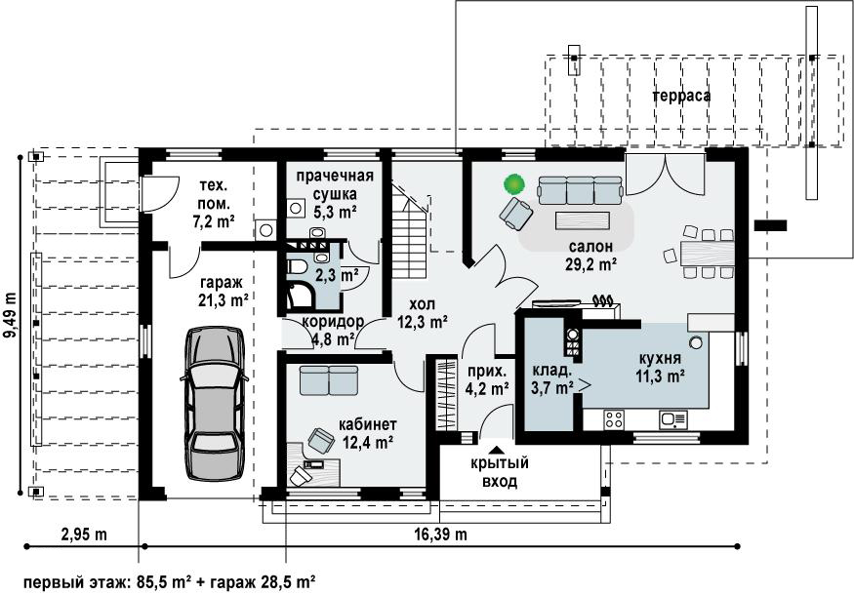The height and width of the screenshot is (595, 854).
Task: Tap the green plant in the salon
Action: tap(513, 184)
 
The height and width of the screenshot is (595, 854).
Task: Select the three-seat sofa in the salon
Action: tap(580, 190)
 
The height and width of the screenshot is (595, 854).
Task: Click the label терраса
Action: tap(681, 96)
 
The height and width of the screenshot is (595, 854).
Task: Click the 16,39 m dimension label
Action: tap(440, 535)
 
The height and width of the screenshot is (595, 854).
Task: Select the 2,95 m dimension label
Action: tap(84, 535)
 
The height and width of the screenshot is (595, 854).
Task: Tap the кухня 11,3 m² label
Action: tap(660, 367)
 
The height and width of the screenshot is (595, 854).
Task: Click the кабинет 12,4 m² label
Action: tap(368, 433)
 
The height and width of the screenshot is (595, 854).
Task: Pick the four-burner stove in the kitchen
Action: tap(614, 419)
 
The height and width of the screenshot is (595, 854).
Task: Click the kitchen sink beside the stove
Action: tap(673, 419)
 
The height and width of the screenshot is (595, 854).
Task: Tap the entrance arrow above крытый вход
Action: tap(496, 450)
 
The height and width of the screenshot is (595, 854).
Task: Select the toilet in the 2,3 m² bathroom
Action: tap(297, 267)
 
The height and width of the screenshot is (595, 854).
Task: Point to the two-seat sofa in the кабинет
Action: tap(328, 380)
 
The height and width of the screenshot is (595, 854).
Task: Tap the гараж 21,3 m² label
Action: tap(223, 292)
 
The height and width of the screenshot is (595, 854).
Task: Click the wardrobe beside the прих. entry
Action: tap(447, 393)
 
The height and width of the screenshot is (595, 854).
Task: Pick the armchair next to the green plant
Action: tap(515, 213)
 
